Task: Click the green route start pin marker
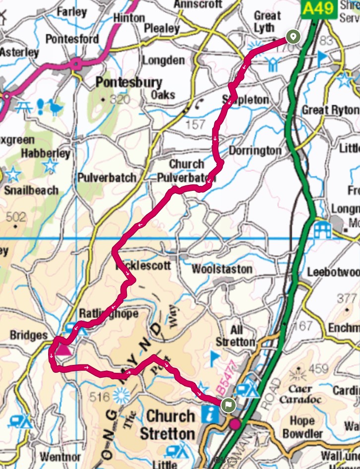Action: point(293,37)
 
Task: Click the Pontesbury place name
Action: point(121,82)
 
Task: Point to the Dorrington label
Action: point(254,150)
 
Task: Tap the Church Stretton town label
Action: point(170,424)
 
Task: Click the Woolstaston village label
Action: point(222,270)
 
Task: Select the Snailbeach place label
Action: point(31,190)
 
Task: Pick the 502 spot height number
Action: point(16,217)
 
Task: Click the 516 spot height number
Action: point(101,396)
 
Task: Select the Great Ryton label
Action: point(330,110)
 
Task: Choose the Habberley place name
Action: point(46,153)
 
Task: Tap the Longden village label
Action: point(163,60)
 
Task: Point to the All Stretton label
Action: point(236,337)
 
